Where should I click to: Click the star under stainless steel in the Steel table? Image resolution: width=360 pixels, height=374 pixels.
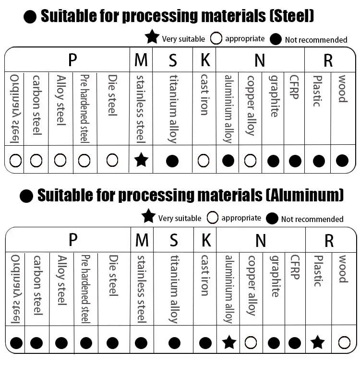(141, 160)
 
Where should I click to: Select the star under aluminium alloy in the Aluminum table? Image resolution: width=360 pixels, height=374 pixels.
(229, 342)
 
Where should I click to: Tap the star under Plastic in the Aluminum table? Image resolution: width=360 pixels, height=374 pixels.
(317, 342)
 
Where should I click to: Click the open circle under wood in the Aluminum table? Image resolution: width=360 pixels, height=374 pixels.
(344, 342)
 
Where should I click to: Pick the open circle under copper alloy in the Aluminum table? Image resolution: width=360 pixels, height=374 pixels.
(251, 342)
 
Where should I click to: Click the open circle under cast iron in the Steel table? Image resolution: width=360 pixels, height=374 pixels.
(204, 160)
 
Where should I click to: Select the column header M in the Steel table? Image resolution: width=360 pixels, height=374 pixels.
(141, 60)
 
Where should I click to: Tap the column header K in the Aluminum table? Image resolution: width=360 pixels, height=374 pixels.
(205, 240)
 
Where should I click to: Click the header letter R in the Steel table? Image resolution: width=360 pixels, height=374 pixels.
(328, 60)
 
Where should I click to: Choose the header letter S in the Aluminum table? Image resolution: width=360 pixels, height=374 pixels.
(174, 240)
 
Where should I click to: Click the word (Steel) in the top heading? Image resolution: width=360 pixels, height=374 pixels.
(291, 16)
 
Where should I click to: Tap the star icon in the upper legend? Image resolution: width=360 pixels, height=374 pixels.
(152, 36)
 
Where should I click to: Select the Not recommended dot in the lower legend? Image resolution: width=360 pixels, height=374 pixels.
(272, 219)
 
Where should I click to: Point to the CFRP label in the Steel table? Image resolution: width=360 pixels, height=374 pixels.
(294, 87)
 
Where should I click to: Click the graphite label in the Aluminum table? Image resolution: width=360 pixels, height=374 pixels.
(274, 276)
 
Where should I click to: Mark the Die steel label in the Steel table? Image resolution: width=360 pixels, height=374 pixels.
(112, 95)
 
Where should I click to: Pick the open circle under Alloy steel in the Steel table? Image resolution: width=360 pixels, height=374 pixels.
(60, 160)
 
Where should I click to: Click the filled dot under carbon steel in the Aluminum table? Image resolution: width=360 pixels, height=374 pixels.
(36, 343)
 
